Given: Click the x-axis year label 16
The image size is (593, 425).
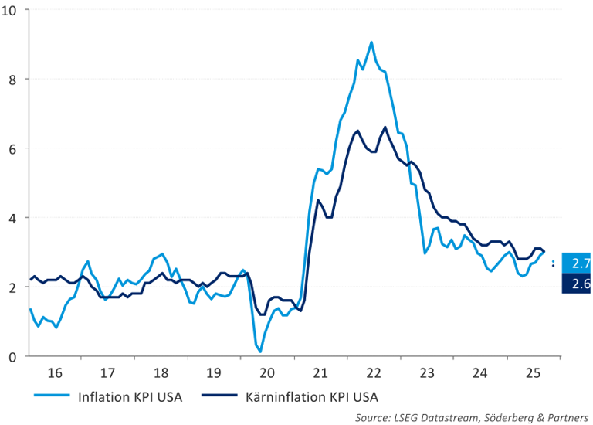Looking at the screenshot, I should [55, 373].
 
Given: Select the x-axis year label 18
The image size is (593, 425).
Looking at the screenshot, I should [161, 373].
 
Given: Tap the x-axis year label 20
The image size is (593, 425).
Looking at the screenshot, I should [268, 373].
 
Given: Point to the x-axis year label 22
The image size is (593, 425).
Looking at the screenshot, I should [374, 373].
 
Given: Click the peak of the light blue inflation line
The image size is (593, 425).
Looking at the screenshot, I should [371, 42].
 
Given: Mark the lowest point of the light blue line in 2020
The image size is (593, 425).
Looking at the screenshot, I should [260, 352].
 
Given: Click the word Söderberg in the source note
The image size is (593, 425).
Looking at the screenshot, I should [503, 416].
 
